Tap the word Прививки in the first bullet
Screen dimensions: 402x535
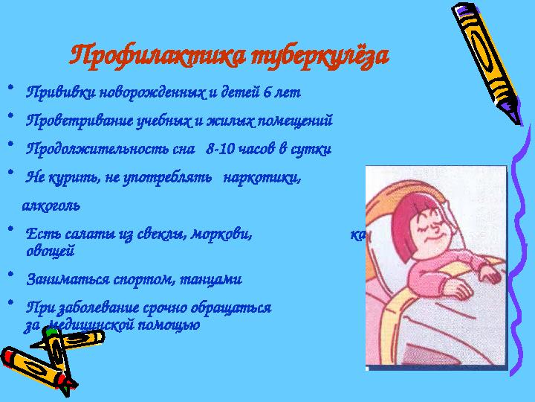53,94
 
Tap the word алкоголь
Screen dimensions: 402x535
52,203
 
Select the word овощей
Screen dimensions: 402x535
50,251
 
